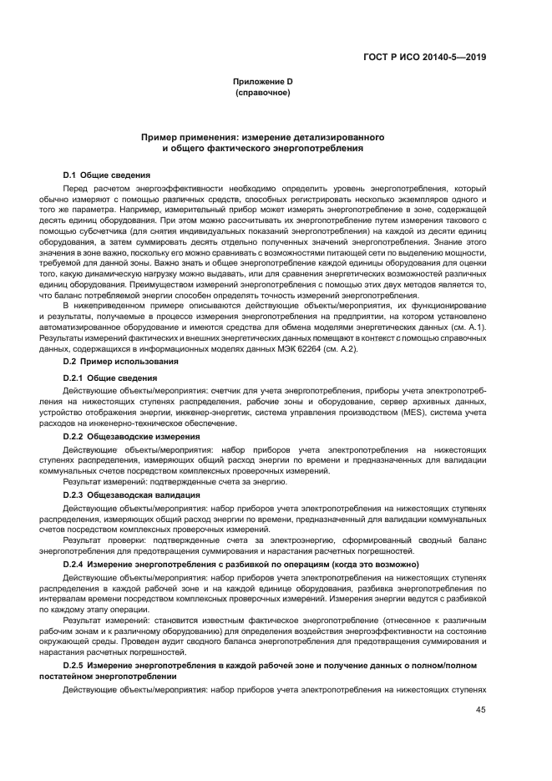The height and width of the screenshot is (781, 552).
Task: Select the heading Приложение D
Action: (x=261, y=81)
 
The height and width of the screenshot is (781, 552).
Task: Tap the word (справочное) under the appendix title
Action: (x=261, y=92)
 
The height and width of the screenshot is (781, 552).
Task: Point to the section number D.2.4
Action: (x=73, y=565)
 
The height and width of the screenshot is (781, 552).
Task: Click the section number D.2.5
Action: (x=73, y=663)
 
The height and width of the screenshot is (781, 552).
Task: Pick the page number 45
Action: (x=480, y=709)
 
